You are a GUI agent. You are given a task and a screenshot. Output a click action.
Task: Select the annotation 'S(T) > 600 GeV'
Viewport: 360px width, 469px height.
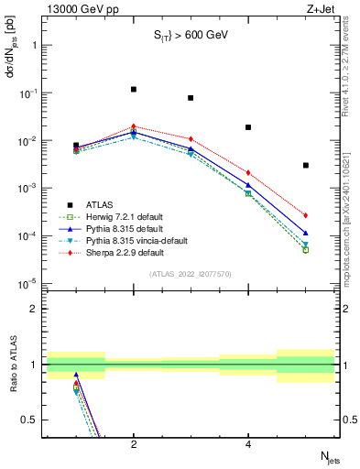pyautogui.click(x=191, y=37)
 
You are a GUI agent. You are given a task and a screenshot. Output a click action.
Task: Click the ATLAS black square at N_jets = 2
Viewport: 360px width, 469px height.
pyautogui.click(x=134, y=90)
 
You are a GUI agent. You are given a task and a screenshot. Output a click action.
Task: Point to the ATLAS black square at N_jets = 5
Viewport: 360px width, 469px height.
pyautogui.click(x=306, y=166)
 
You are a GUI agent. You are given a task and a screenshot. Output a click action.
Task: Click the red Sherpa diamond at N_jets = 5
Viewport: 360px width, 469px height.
pyautogui.click(x=306, y=215)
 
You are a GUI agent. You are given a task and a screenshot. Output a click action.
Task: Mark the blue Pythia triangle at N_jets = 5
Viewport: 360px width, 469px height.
pyautogui.click(x=306, y=233)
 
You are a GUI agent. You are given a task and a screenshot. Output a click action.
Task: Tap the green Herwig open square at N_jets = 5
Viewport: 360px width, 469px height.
pyautogui.click(x=306, y=249)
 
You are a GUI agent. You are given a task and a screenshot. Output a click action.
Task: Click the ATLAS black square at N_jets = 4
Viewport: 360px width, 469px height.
pyautogui.click(x=248, y=127)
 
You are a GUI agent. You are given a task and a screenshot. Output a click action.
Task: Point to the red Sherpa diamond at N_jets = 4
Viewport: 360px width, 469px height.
pyautogui.click(x=248, y=172)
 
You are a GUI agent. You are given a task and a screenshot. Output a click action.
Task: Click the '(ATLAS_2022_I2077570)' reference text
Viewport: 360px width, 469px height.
pyautogui.click(x=191, y=274)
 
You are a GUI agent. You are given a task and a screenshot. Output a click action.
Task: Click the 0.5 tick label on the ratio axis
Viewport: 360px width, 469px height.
pyautogui.click(x=29, y=420)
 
